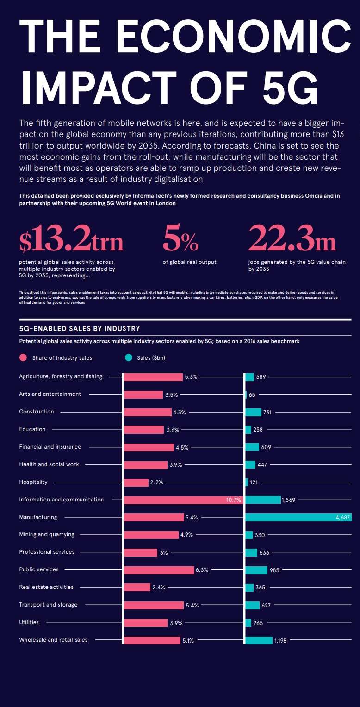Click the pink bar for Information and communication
(183, 500)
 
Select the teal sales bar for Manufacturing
(298, 517)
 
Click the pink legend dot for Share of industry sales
(23, 357)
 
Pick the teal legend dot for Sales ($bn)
(129, 357)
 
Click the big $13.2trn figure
(71, 240)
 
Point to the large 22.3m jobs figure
(292, 240)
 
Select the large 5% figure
(180, 240)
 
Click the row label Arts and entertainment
(50, 394)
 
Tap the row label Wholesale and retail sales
(53, 640)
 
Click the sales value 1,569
(292, 500)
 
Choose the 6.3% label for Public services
(202, 570)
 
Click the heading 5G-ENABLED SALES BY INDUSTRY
(79, 329)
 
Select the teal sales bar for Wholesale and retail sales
(259, 640)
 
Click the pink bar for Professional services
(141, 552)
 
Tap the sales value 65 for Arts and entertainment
(252, 395)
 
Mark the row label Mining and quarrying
(47, 534)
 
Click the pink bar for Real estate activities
(137, 588)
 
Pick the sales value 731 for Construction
(267, 413)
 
